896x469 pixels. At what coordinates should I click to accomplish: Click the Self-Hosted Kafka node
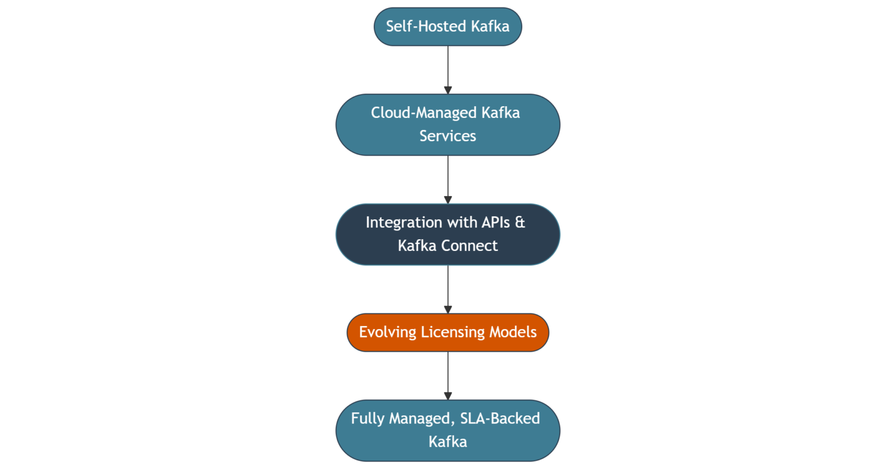(447, 26)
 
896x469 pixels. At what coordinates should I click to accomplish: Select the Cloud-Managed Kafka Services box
(447, 124)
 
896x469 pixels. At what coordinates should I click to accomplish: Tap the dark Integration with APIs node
(447, 234)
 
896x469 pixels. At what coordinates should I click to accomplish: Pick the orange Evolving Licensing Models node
(447, 332)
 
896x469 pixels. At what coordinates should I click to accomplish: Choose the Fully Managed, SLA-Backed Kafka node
(447, 430)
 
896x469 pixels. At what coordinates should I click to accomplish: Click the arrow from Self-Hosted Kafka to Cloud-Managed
(447, 69)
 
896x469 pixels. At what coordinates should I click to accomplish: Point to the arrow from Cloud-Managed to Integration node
(447, 178)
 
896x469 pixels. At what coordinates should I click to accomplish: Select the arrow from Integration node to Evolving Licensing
(447, 288)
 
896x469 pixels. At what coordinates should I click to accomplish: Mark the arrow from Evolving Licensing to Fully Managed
(447, 374)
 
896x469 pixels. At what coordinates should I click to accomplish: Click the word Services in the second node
(447, 136)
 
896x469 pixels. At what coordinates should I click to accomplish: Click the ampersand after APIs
(520, 222)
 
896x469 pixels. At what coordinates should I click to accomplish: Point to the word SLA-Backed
(500, 418)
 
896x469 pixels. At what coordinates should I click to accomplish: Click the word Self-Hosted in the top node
(426, 26)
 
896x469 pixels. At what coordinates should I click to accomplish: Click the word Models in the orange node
(513, 332)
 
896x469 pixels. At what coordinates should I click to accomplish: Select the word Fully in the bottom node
(367, 419)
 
